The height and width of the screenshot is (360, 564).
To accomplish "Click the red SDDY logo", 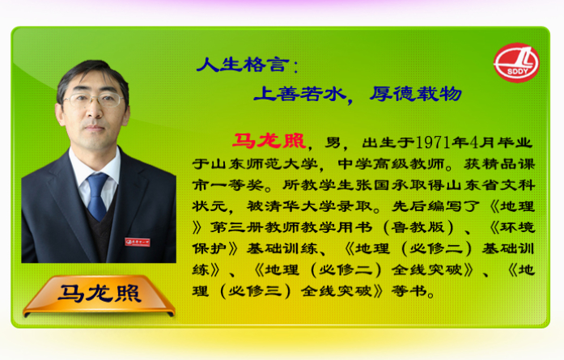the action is tap(516, 63).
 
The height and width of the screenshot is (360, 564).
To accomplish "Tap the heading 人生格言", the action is tap(243, 65).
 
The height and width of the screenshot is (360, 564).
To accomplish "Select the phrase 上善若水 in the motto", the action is tap(299, 94).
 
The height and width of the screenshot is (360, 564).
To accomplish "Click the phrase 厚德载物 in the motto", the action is tap(415, 94).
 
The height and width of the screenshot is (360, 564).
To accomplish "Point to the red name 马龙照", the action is tap(269, 141).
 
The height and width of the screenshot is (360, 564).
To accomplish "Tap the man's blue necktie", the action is tap(97, 196).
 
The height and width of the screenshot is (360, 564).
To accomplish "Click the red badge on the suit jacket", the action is tap(138, 242).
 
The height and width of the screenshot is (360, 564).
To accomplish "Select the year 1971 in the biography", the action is tap(434, 142).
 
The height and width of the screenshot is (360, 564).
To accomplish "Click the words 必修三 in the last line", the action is tap(256, 291).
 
